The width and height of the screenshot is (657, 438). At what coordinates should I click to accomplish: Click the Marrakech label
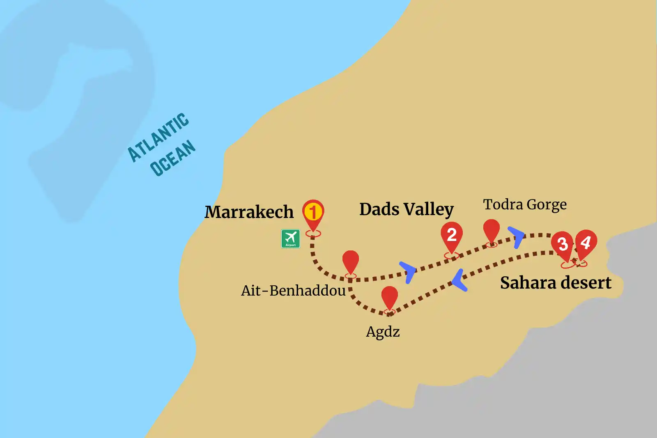[x=249, y=212]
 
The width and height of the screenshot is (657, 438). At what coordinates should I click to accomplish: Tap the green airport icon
[x=290, y=238]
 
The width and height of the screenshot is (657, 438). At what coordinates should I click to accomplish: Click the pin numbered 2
[x=452, y=236]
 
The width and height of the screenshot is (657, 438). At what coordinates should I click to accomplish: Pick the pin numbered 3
[x=563, y=245]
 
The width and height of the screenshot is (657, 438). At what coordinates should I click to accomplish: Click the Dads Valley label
[x=406, y=209]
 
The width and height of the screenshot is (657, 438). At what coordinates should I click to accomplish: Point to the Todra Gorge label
[x=524, y=204]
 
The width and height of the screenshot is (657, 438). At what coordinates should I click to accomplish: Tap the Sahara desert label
[x=555, y=283]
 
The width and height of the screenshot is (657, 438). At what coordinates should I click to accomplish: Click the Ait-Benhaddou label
[x=293, y=291]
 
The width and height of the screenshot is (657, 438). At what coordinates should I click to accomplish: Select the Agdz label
[x=383, y=332]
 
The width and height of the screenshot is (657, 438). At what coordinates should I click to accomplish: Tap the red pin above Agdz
[x=389, y=298]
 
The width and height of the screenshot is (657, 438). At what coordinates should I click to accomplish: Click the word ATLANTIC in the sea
[x=159, y=137]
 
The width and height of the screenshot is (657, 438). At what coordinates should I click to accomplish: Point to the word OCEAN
[x=172, y=158]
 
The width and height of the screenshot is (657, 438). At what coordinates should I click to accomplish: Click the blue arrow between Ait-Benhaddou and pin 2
[x=409, y=271]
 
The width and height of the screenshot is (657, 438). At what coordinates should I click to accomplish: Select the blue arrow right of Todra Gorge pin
[x=517, y=237]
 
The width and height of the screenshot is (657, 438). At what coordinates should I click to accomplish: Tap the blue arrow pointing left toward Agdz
[x=459, y=281]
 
